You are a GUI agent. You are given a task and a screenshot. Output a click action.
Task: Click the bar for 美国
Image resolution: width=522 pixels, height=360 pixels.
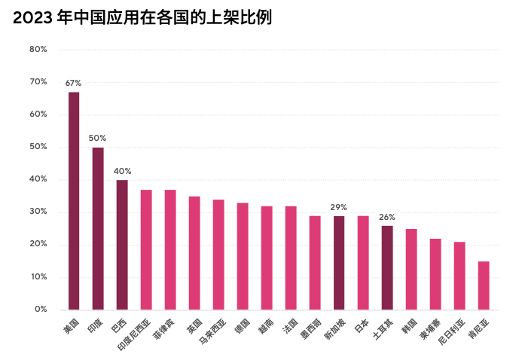[x=74, y=200]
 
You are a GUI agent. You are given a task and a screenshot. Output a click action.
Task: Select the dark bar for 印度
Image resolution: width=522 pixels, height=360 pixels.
[x=98, y=228]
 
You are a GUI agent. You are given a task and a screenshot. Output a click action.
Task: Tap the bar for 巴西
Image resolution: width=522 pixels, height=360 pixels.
[x=122, y=245]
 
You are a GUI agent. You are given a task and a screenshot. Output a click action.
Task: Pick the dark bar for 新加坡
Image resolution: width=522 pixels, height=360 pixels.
[x=339, y=263]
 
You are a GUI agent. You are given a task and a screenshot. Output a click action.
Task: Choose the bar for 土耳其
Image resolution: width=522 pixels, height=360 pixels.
[x=387, y=267]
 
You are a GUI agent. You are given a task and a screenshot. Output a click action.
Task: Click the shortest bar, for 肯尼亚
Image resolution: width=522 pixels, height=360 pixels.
[x=484, y=285]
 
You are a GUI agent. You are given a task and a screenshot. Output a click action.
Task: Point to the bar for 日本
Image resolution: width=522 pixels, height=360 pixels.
[x=363, y=263]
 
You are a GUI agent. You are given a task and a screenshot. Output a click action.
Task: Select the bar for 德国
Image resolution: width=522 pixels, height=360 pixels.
[x=243, y=256]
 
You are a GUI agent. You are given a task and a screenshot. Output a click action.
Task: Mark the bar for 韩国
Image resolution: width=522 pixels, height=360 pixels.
[x=411, y=269]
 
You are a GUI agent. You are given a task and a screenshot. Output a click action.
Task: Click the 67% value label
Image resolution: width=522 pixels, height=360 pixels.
[x=73, y=83]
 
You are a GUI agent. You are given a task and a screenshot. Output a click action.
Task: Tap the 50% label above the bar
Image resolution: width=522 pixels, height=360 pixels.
[x=97, y=138]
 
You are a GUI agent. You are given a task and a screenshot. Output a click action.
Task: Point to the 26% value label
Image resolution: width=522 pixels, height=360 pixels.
[x=386, y=217]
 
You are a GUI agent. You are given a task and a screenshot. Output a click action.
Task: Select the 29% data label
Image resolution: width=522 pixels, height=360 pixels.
[x=338, y=207]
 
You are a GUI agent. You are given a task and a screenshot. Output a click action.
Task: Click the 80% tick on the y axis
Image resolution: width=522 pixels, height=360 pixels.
[x=38, y=49]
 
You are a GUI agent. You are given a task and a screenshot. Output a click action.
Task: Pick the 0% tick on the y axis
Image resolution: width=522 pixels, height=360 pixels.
[x=41, y=310]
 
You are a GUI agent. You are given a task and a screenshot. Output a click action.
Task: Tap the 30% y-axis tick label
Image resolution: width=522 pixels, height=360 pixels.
[x=38, y=212]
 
